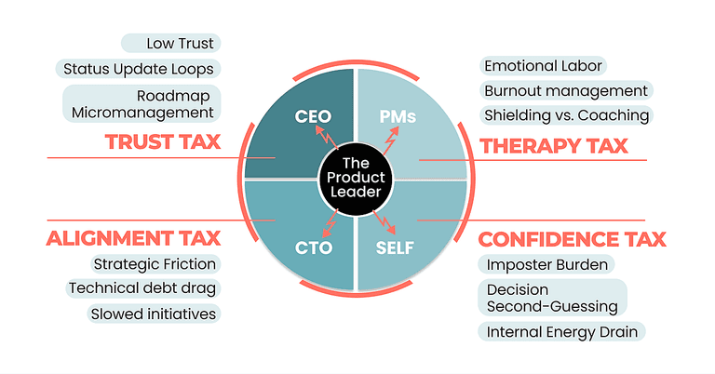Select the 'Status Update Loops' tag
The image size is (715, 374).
[138, 68]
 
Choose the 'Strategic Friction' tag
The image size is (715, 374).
[155, 264]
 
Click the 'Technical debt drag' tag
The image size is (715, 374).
[142, 288]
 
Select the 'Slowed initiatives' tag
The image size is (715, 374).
[153, 314]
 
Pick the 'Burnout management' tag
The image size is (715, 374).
[565, 90]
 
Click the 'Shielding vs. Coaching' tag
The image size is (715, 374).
[565, 115]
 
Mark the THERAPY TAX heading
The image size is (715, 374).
[553, 145]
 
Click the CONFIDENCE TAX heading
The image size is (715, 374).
[572, 239]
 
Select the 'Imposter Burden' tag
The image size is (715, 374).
[546, 264]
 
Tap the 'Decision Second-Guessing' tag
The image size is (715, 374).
[552, 297]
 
